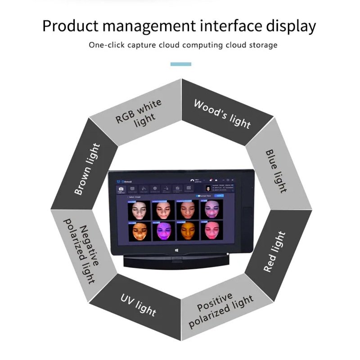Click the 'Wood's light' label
click(222, 113)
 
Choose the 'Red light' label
click(274, 252)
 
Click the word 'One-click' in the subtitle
click(105, 45)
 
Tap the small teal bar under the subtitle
click(181, 64)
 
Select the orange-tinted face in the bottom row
click(186, 230)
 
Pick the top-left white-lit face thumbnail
click(139, 210)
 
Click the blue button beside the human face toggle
click(219, 196)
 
